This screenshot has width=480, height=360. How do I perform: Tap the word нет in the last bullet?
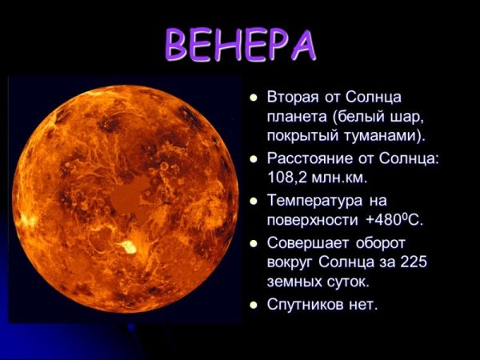tap(362, 305)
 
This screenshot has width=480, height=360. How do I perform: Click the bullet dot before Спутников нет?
tap(253, 306)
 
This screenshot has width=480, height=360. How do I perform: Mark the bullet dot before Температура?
tap(253, 202)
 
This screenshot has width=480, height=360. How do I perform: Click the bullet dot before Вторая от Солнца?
tap(253, 98)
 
